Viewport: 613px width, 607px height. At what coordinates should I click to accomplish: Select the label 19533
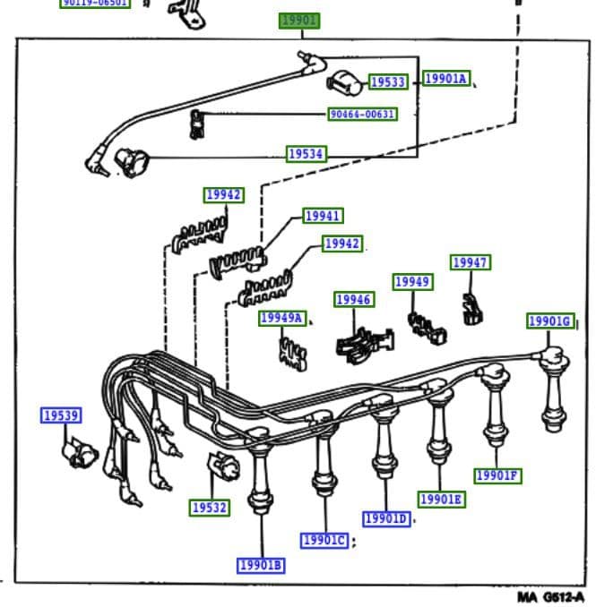387,82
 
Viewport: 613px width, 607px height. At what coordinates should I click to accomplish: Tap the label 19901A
446,79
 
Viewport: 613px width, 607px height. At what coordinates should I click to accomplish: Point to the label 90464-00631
362,115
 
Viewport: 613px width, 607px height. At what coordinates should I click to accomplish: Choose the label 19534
306,154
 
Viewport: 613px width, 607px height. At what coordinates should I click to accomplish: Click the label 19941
323,216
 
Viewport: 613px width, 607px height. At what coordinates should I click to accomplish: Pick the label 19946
354,300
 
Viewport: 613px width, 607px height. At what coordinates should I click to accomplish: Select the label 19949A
282,318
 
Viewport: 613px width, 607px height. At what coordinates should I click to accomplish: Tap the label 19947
470,262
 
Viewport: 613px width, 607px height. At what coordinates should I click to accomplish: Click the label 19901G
549,321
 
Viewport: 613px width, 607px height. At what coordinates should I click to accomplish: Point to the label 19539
61,415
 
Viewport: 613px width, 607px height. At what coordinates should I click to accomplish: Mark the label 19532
210,508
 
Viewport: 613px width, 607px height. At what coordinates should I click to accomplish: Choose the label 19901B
261,565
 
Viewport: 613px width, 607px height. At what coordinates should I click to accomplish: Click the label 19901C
324,540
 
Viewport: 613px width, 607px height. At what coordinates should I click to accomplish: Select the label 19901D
386,519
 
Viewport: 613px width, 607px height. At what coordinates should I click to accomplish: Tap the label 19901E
441,499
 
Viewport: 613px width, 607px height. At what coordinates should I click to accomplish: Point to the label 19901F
496,475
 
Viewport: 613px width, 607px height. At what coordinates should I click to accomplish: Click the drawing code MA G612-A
550,596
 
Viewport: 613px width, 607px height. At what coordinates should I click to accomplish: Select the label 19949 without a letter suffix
412,282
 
